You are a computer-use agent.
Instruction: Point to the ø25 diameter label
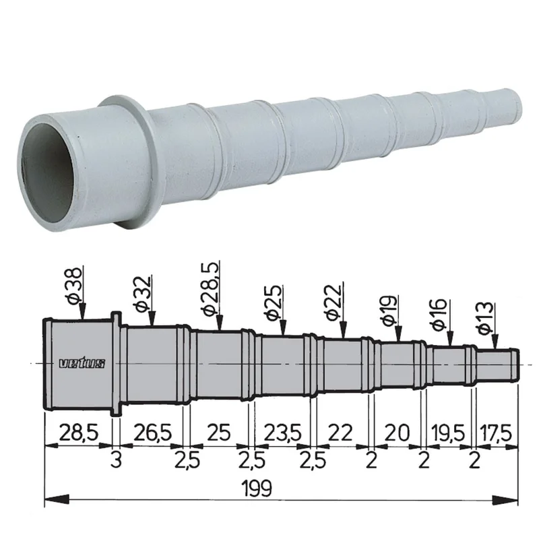[x=274, y=302]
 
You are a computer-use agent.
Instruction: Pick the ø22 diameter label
[x=334, y=302]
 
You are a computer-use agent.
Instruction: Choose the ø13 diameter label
[x=485, y=318]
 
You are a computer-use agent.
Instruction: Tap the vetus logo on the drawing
[x=82, y=363]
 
